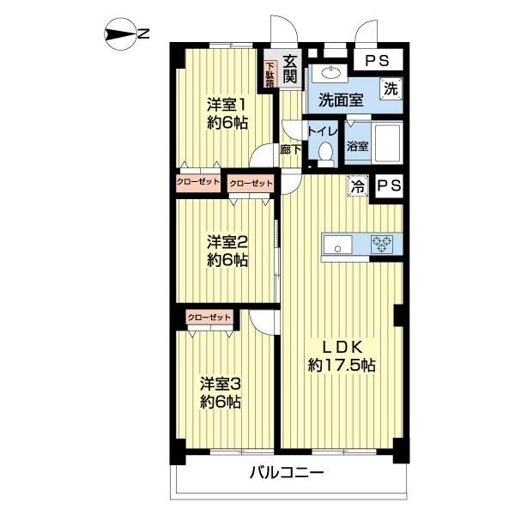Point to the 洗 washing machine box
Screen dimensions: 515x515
pos(391,88)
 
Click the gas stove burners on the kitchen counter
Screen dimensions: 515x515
pos(382,244)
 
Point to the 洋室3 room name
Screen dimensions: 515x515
pos(220,383)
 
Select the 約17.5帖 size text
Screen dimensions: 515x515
pos(342,365)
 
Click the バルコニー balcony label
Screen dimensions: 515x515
pos(287,472)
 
